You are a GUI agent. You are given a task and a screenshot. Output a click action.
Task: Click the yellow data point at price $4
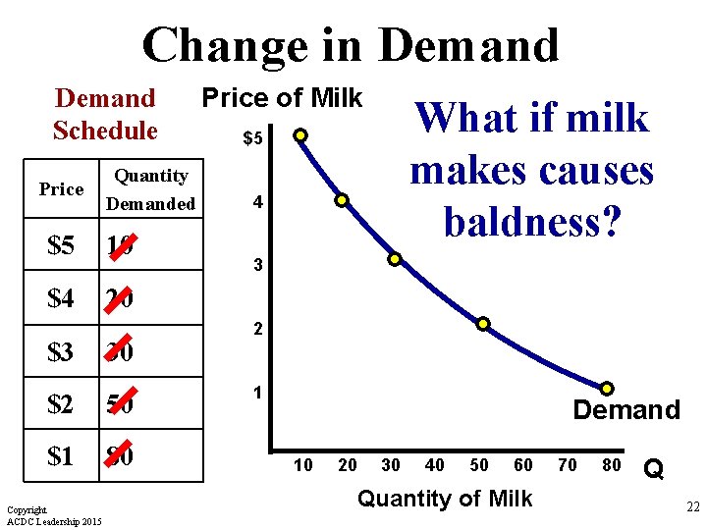click(x=343, y=201)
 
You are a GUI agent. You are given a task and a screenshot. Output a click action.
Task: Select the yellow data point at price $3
click(x=394, y=260)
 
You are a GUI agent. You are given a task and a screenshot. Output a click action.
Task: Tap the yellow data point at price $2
click(x=483, y=324)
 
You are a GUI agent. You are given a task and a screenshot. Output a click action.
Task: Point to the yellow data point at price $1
click(x=608, y=389)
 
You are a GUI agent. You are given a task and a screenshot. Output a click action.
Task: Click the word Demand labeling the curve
click(x=626, y=410)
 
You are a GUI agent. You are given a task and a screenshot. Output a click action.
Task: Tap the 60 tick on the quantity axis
click(x=523, y=465)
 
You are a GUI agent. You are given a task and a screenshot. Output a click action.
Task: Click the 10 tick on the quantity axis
click(x=303, y=465)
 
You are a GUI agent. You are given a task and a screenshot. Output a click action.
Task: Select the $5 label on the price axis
click(x=252, y=139)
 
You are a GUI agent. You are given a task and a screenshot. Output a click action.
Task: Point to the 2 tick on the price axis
click(x=256, y=330)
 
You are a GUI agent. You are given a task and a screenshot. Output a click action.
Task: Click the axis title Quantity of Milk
click(x=445, y=499)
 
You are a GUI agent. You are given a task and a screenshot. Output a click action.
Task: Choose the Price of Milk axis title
click(x=282, y=98)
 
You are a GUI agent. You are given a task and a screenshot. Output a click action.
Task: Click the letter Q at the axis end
click(x=652, y=470)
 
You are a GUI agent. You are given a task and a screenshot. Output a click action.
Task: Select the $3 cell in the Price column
click(x=61, y=350)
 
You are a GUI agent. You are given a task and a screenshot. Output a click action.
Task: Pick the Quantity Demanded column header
click(x=150, y=189)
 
